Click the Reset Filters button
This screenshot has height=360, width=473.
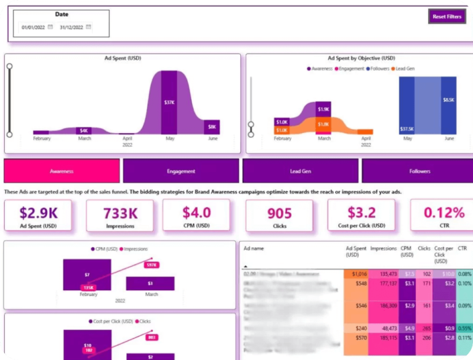pyautogui.click(x=447, y=17)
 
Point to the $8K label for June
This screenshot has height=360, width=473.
pyautogui.click(x=212, y=127)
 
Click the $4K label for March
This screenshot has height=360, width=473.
pyautogui.click(x=84, y=131)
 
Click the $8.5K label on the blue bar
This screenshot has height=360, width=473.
pyautogui.click(x=448, y=99)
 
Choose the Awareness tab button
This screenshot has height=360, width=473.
pyautogui.click(x=62, y=171)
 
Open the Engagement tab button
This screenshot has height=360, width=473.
pyautogui.click(x=180, y=171)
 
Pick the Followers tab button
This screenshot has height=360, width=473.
pyautogui.click(x=419, y=171)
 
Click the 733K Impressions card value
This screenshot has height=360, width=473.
pyautogui.click(x=120, y=213)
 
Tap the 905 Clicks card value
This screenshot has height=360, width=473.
pyautogui.click(x=280, y=213)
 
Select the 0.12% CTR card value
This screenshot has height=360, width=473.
pyautogui.click(x=444, y=213)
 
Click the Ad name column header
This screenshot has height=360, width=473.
pyautogui.click(x=254, y=248)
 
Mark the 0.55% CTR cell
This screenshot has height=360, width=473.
pyautogui.click(x=465, y=329)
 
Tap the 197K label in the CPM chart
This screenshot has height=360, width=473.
pyautogui.click(x=151, y=264)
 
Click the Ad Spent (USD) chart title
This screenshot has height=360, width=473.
pyautogui.click(x=122, y=59)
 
